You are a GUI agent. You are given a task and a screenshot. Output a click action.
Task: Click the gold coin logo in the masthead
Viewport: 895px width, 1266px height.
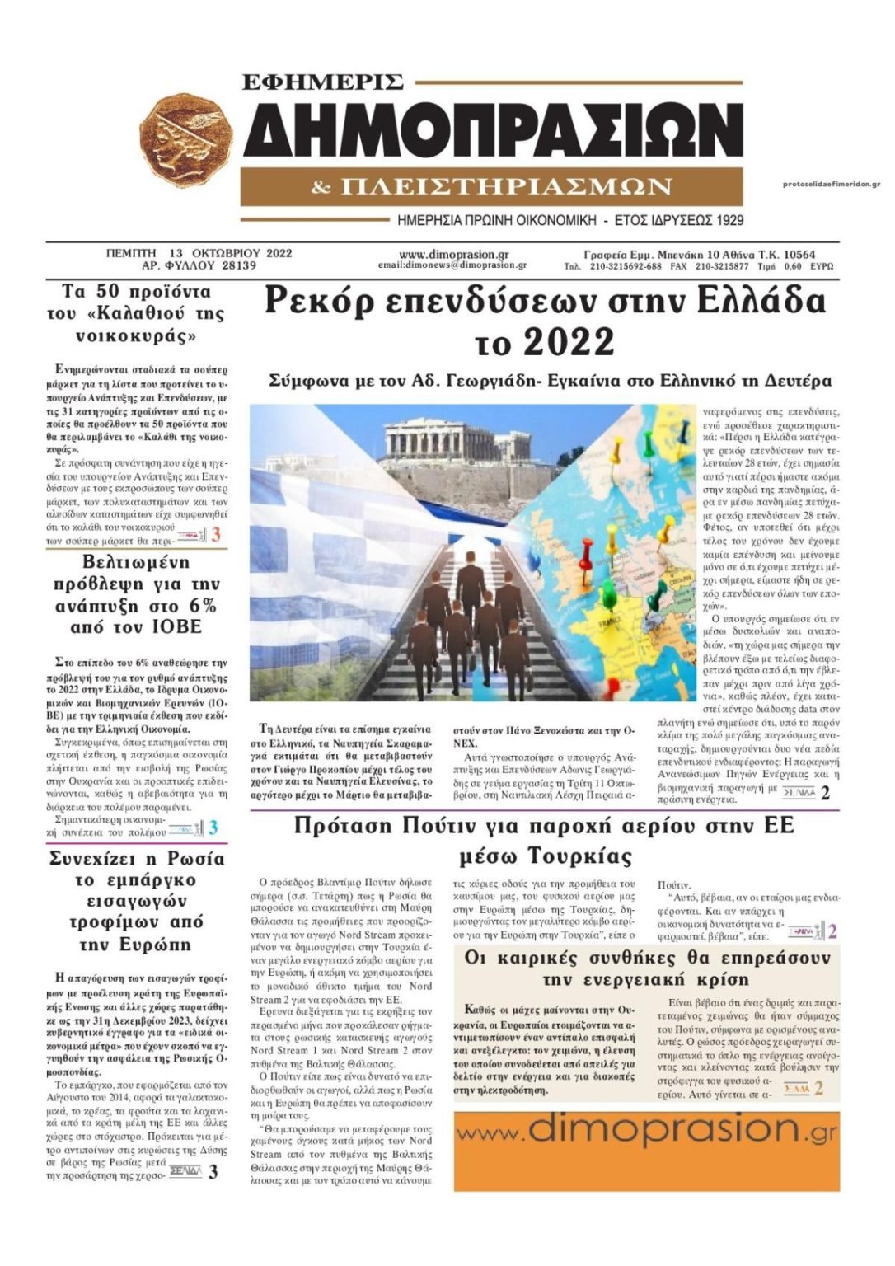[x=187, y=141]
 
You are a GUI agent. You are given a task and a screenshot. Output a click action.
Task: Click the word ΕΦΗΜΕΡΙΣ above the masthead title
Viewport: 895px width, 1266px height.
[x=322, y=82]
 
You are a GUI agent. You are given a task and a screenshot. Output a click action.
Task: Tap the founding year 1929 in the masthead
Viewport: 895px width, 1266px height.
[x=728, y=220]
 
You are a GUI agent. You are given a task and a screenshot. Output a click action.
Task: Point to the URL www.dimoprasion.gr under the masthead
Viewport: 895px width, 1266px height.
[x=453, y=254]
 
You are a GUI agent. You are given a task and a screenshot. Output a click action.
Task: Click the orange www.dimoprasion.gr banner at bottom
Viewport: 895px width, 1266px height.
[x=646, y=1138]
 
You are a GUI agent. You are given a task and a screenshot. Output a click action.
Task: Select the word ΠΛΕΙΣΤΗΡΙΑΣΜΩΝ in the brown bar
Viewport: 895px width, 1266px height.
[x=506, y=187]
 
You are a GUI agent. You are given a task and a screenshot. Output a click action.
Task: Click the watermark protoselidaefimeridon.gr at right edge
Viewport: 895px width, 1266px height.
[x=831, y=184]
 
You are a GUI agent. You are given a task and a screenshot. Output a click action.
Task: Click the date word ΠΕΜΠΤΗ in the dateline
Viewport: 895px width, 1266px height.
[x=131, y=253]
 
